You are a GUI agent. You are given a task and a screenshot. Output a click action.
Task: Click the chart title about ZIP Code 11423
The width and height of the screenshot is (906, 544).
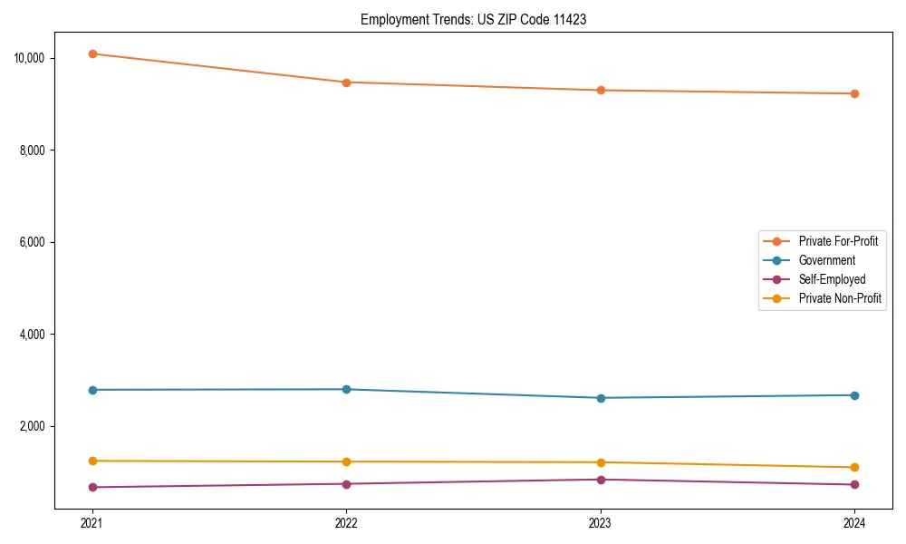[473, 19]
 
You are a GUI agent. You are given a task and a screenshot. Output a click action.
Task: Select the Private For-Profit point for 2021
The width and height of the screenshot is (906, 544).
[92, 53]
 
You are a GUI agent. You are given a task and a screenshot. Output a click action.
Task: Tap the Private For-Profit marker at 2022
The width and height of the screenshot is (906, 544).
[346, 83]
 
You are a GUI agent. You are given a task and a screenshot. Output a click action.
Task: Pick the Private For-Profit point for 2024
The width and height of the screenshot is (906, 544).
[854, 93]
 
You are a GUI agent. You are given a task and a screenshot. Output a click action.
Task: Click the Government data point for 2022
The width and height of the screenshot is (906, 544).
[346, 389]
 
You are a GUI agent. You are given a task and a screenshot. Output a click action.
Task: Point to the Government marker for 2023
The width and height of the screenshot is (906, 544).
[601, 398]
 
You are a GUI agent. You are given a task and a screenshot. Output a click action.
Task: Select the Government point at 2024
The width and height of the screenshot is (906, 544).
[854, 395]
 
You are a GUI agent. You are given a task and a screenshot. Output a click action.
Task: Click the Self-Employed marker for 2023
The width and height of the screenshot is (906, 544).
[601, 480]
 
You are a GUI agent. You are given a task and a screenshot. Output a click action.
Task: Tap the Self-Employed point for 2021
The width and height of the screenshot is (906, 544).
[92, 487]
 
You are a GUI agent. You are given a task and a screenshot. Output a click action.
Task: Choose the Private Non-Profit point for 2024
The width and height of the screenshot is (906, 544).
[854, 467]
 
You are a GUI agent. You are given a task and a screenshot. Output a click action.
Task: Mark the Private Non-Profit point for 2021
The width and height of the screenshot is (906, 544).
[92, 461]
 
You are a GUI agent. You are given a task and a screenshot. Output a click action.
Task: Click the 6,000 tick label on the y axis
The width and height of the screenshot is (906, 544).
[37, 242]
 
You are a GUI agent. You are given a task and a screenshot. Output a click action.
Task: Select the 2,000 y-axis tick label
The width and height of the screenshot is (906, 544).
[37, 426]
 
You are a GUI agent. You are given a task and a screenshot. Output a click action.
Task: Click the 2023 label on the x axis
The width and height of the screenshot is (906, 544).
[601, 522]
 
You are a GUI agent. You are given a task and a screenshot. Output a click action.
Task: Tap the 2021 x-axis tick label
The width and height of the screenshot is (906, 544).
[92, 522]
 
